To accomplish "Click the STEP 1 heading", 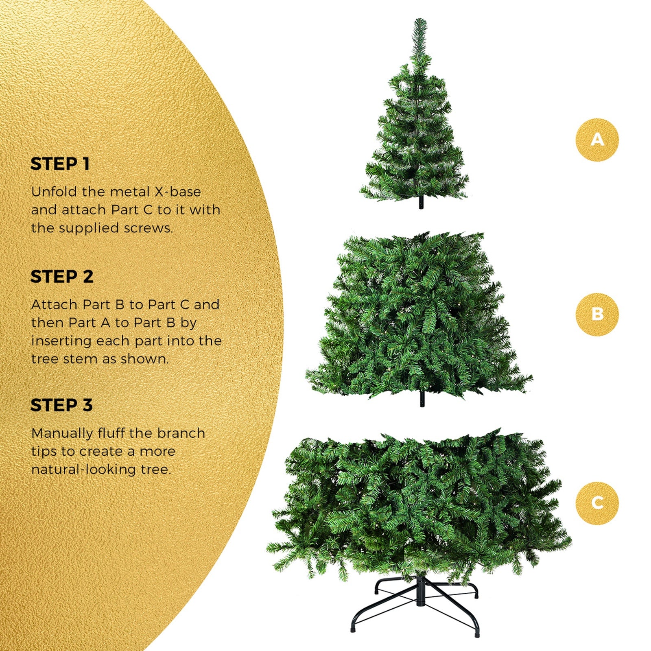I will pyautogui.click(x=60, y=164).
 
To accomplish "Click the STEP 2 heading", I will pyautogui.click(x=62, y=277).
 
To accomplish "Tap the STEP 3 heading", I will pyautogui.click(x=61, y=405).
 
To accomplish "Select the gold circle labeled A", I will pyautogui.click(x=597, y=140).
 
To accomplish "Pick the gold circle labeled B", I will pyautogui.click(x=597, y=314).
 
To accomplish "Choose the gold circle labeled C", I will pyautogui.click(x=597, y=503).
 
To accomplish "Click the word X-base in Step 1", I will pyautogui.click(x=177, y=192).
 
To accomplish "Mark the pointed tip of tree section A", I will pyautogui.click(x=420, y=20).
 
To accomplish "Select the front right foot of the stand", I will pyautogui.click(x=477, y=633).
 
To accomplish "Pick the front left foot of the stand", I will pyautogui.click(x=353, y=629).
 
